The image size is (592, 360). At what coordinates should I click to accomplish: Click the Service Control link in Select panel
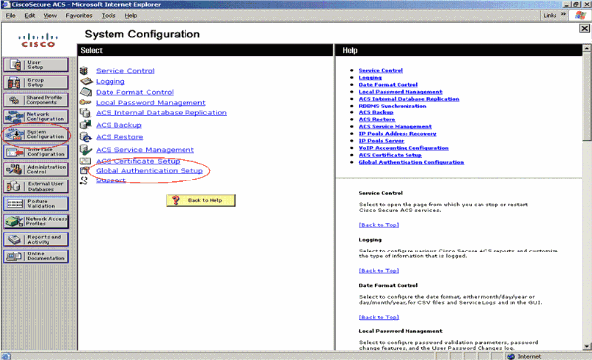coord(125,70)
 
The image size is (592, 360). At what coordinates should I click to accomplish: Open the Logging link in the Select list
coord(111,81)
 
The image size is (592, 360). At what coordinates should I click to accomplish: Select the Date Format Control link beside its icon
coord(134,92)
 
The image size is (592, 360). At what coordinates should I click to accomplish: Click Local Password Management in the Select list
coord(150,103)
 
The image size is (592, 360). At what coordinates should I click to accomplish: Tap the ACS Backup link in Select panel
coord(118,126)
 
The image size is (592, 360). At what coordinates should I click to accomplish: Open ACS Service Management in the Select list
coord(144,149)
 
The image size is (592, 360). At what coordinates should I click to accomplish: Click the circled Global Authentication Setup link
coord(149,171)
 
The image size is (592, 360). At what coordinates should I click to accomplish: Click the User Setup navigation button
coord(35,65)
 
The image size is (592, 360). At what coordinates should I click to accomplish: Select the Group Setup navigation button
coord(35,82)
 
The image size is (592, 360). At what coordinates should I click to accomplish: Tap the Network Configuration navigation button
coord(35,116)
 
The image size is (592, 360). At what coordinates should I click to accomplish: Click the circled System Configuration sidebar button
coord(35,134)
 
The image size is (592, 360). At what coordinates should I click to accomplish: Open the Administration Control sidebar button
coord(35,169)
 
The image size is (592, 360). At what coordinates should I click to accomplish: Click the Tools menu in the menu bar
coord(108,16)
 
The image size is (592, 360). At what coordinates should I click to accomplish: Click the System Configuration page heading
coord(162,34)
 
